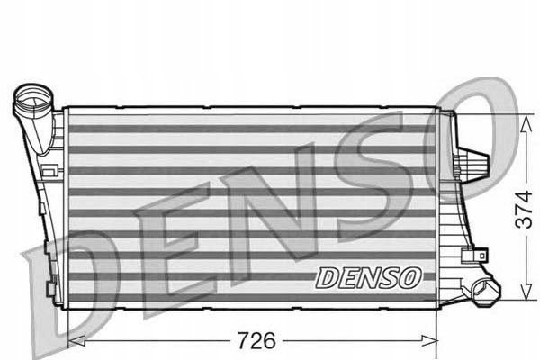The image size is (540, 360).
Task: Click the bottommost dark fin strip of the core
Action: pos(252,297)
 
